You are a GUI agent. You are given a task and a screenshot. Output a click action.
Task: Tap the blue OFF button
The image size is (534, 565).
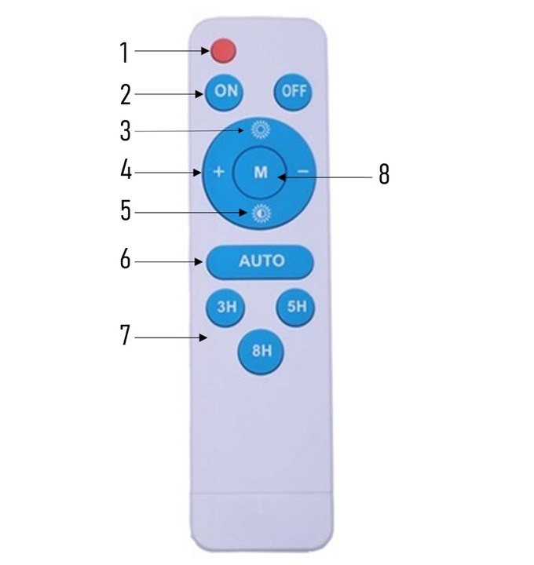tap(291, 91)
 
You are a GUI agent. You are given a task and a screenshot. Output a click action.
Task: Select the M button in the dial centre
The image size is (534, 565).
tap(261, 173)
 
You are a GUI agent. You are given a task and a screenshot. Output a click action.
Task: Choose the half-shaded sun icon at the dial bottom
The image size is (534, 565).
tap(260, 213)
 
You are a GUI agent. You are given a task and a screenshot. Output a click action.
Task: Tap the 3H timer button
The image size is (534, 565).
tap(226, 307)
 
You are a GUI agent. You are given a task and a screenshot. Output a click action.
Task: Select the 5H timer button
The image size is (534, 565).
tap(296, 307)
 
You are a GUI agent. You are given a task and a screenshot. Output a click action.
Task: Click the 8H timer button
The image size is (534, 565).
tap(261, 351)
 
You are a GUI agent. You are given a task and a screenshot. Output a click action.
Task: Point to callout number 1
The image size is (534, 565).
tap(124, 53)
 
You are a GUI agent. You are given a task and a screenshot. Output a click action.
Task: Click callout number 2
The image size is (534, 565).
tap(125, 94)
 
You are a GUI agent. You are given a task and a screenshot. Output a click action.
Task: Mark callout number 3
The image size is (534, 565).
tap(125, 131)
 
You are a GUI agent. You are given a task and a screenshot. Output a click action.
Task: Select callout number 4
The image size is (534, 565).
tap(125, 171)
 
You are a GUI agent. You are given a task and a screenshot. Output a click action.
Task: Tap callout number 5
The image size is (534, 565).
tap(125, 212)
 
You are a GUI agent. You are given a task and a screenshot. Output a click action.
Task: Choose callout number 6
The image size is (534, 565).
tap(125, 260)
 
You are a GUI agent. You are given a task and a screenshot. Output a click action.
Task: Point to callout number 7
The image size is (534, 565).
tap(125, 335)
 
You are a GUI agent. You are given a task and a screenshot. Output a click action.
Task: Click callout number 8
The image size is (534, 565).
tap(384, 175)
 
